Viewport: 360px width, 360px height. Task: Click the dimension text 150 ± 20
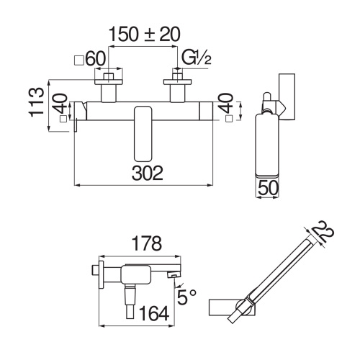point(144,34)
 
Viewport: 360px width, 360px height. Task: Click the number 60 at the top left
point(96,58)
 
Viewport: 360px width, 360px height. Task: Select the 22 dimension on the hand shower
point(324,233)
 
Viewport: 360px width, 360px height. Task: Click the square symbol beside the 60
point(79,58)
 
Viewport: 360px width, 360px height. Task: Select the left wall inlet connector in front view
point(109,86)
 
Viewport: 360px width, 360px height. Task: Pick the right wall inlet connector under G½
point(176,86)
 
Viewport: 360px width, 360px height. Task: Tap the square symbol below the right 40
point(229,119)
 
